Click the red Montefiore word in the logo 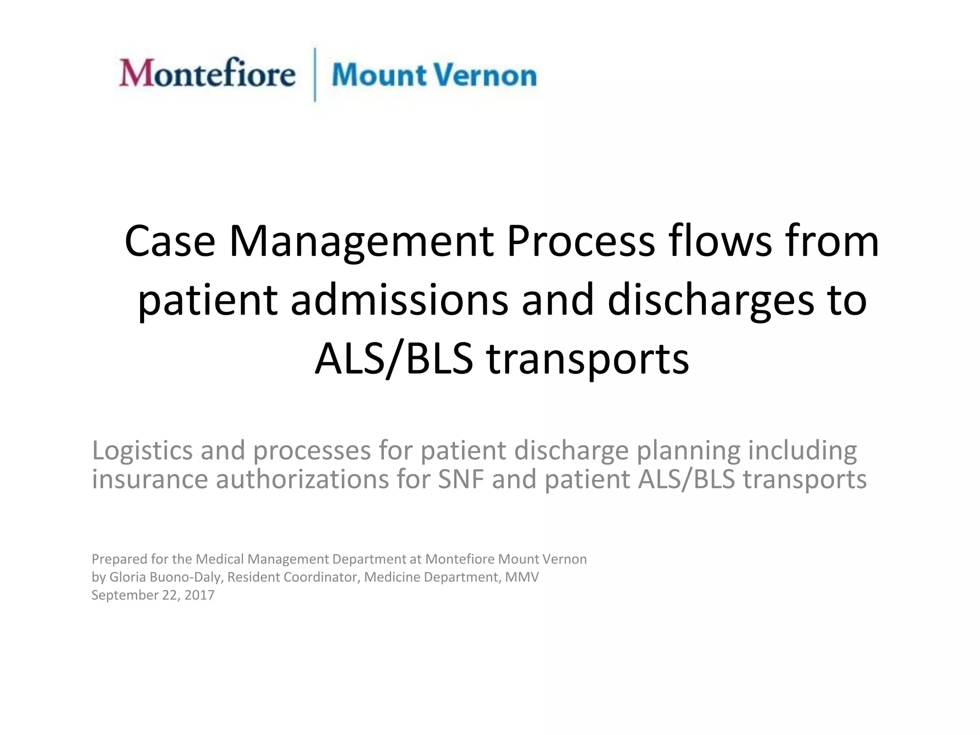tap(207, 74)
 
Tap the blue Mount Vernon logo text tap(434, 76)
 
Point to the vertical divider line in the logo tap(314, 75)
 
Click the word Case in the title tap(169, 241)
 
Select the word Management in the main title tap(361, 242)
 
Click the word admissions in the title tap(399, 300)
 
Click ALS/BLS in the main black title tap(393, 359)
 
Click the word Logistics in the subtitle tap(142, 451)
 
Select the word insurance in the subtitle tap(150, 479)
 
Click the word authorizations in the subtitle tap(302, 479)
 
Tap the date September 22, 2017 tap(153, 595)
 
